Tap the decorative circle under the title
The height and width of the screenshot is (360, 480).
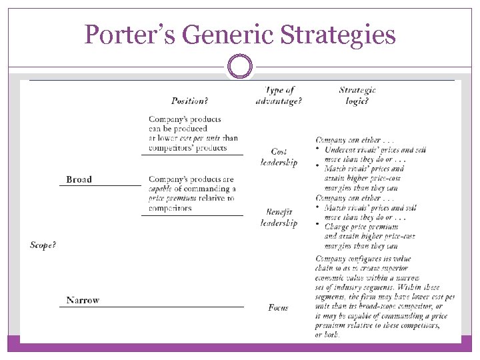pyautogui.click(x=240, y=67)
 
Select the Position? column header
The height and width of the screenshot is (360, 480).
pyautogui.click(x=189, y=101)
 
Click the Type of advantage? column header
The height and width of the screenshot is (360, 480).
pyautogui.click(x=279, y=95)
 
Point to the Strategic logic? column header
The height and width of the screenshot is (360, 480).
pyautogui.click(x=357, y=95)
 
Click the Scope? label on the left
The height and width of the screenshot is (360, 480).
pyautogui.click(x=43, y=245)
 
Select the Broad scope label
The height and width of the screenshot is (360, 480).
pyautogui.click(x=79, y=179)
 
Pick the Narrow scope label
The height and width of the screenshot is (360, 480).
pyautogui.click(x=83, y=300)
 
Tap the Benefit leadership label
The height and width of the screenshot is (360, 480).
pyautogui.click(x=279, y=217)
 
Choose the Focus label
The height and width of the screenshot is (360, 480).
pyautogui.click(x=278, y=307)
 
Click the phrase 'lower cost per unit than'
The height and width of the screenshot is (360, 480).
pyautogui.click(x=193, y=138)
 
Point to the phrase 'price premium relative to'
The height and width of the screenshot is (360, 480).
pyautogui.click(x=192, y=198)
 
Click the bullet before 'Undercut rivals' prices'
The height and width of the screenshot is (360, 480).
pyautogui.click(x=317, y=149)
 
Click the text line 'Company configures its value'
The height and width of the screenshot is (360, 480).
pyautogui.click(x=363, y=259)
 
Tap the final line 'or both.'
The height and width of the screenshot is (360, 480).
pyautogui.click(x=328, y=335)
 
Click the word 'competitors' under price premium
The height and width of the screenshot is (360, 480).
pyautogui.click(x=170, y=208)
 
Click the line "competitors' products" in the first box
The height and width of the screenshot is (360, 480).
pyautogui.click(x=187, y=148)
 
